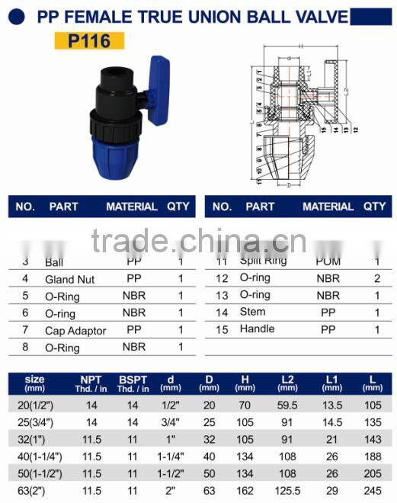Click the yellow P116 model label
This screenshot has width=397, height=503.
click(90, 41)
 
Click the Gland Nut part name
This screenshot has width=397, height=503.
click(70, 279)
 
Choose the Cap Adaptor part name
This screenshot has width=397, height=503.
click(75, 330)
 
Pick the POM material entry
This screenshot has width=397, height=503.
click(328, 261)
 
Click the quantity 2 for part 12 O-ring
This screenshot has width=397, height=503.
click(377, 278)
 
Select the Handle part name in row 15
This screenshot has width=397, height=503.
click(257, 328)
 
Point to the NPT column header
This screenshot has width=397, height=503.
click(91, 383)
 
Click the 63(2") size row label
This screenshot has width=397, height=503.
click(34, 489)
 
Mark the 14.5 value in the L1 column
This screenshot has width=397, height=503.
click(331, 421)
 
